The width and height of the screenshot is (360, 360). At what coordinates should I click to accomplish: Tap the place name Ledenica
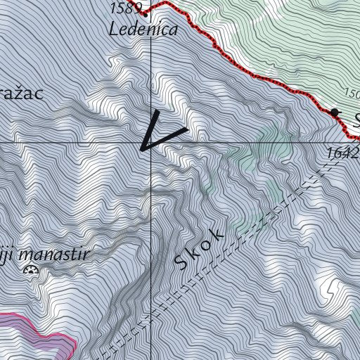coord(143,30)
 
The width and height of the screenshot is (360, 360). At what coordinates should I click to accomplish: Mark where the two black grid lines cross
coord(152,142)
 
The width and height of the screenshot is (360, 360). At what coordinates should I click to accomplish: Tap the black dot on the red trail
coord(334,112)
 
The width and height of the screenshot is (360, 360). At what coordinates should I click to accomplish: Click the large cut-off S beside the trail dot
coord(356,118)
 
